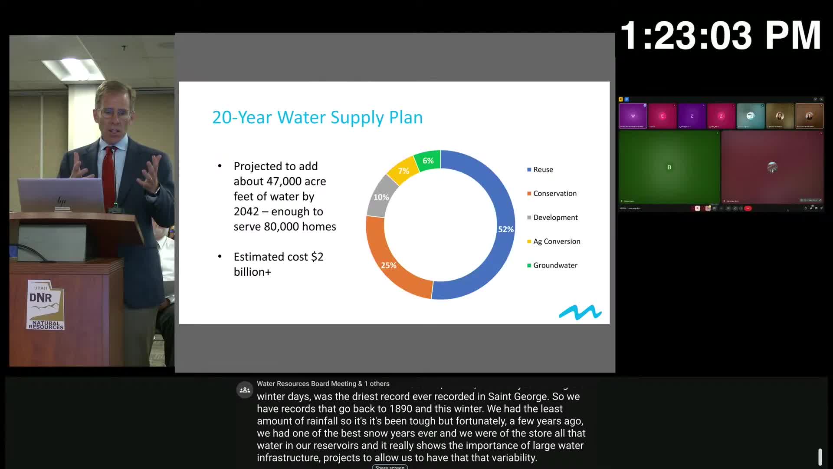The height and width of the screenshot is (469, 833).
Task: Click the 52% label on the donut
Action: [x=505, y=229]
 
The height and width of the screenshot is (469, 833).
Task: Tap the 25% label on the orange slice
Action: [x=388, y=265]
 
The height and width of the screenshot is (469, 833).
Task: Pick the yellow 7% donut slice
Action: [x=403, y=171]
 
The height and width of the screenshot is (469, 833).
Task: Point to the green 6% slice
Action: [x=428, y=161]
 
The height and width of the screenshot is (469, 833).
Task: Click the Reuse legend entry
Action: [x=543, y=170]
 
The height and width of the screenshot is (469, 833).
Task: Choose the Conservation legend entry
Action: [x=554, y=194]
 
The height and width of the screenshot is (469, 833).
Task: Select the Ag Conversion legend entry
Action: [x=556, y=241]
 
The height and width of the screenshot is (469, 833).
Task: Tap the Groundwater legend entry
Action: [x=555, y=265]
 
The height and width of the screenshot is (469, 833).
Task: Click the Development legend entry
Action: [x=555, y=218]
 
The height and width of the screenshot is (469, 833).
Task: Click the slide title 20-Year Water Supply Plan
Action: [x=317, y=118]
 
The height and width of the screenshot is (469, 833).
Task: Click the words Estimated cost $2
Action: [x=278, y=257]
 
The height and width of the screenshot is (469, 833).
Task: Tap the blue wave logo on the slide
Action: [x=580, y=312]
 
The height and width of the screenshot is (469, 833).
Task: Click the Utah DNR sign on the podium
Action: [x=46, y=305]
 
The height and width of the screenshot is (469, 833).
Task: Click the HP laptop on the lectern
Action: [x=61, y=195]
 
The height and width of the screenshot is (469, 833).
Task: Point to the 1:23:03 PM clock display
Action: [x=721, y=36]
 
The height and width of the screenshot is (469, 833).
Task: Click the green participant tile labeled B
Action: [x=669, y=168]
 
